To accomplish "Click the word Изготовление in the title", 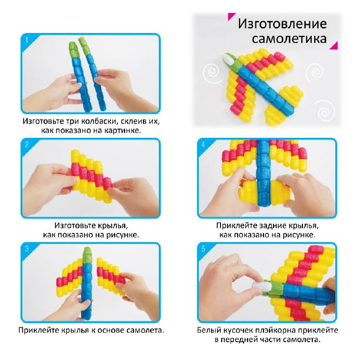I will [282, 24].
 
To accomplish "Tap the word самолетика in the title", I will [289, 40].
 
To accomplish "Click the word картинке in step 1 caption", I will [118, 130].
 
